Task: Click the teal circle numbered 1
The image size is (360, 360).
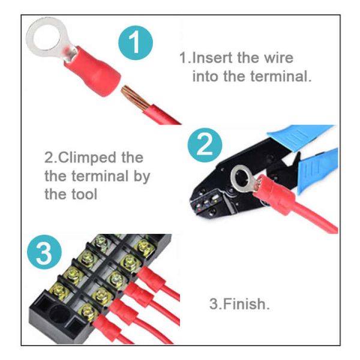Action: pos(137,43)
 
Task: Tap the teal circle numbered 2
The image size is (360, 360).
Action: pos(204,146)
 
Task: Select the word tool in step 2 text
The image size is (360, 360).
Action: pos(83,194)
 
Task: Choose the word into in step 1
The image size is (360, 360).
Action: pos(204,77)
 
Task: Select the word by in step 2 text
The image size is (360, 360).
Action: pos(142,176)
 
